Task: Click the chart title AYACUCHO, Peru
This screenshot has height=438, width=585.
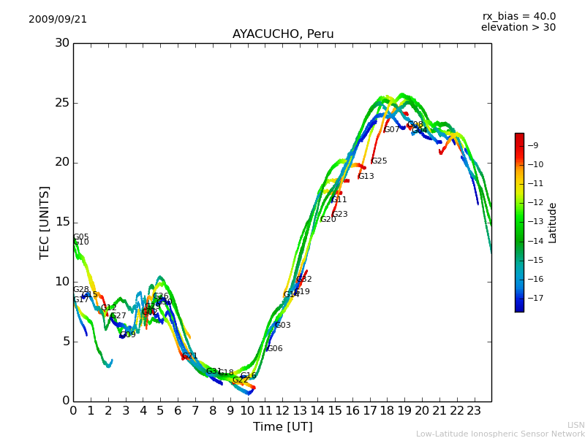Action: click(x=283, y=34)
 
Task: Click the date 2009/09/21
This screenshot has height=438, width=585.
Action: click(x=58, y=20)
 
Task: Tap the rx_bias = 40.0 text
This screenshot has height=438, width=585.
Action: click(x=518, y=16)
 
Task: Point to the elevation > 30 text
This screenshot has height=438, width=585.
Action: click(x=518, y=28)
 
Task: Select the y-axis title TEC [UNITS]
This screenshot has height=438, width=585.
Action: click(x=45, y=222)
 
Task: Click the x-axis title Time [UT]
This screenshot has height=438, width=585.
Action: click(x=282, y=426)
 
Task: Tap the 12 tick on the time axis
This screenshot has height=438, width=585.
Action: click(x=282, y=410)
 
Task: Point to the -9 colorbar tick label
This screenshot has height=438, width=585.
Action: click(x=536, y=145)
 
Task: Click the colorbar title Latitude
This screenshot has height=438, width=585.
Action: click(x=553, y=222)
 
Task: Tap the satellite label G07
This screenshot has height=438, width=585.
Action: click(x=392, y=130)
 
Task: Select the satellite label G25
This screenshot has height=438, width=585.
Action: click(x=379, y=161)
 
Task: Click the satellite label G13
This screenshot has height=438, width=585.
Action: click(x=366, y=177)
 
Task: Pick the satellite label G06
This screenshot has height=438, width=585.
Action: click(x=274, y=349)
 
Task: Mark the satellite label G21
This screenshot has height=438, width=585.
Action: click(x=190, y=356)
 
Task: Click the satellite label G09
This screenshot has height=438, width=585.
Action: click(x=128, y=335)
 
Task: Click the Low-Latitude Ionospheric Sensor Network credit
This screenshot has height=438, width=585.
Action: click(x=500, y=434)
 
